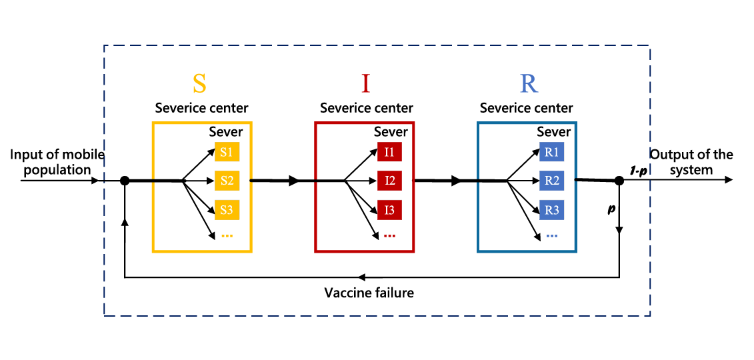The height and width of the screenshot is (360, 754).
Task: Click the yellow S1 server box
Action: pyautogui.click(x=227, y=152)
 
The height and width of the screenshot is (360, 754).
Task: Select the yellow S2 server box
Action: pyautogui.click(x=227, y=181)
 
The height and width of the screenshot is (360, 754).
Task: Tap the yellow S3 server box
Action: pyautogui.click(x=227, y=210)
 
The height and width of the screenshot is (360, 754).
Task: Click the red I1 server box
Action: pyautogui.click(x=389, y=152)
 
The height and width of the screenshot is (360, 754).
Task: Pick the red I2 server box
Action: pyautogui.click(x=389, y=181)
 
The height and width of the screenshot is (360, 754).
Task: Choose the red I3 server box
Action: pyautogui.click(x=389, y=210)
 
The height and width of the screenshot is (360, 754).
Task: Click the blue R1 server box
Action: pyautogui.click(x=552, y=152)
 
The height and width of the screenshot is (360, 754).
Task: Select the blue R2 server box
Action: pyautogui.click(x=552, y=181)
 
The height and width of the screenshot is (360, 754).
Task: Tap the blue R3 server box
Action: pyautogui.click(x=552, y=210)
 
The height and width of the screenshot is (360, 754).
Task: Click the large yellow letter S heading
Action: pyautogui.click(x=199, y=83)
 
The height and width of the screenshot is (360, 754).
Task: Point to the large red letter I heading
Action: pyautogui.click(x=365, y=83)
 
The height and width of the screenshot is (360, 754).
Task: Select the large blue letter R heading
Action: pyautogui.click(x=529, y=83)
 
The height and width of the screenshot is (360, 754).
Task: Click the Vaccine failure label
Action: pyautogui.click(x=369, y=293)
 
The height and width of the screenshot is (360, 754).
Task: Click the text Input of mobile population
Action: pyautogui.click(x=57, y=162)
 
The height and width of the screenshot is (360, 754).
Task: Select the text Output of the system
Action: pyautogui.click(x=691, y=162)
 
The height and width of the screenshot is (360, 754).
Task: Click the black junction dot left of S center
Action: pyautogui.click(x=125, y=180)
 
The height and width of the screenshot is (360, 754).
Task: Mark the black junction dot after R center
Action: pyautogui.click(x=619, y=180)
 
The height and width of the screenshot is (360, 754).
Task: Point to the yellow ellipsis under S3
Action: pyautogui.click(x=227, y=235)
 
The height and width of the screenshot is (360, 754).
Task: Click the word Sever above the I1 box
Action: pyautogui.click(x=390, y=132)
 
